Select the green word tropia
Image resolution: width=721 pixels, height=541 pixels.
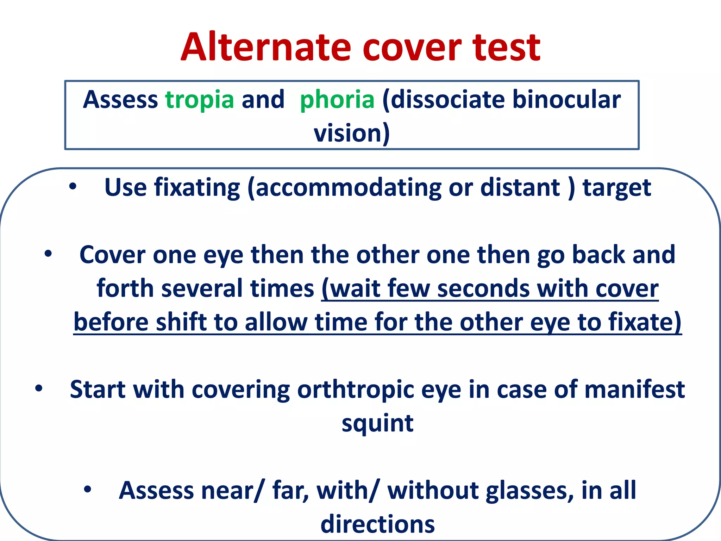[x=200, y=100]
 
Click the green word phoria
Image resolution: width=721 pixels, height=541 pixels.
[x=337, y=100]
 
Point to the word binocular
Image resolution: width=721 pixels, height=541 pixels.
[x=566, y=100]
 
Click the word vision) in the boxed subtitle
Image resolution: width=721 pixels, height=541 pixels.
[x=352, y=133]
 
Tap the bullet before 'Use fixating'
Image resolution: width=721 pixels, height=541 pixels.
[x=73, y=187]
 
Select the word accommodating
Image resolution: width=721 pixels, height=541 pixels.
[x=348, y=187]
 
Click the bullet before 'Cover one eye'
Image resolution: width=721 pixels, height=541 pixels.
[x=48, y=254]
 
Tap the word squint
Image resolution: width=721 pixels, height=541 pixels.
[x=377, y=423]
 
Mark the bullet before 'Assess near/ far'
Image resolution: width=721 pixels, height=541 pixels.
[x=88, y=489]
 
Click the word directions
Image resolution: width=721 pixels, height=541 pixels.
[x=377, y=524]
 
